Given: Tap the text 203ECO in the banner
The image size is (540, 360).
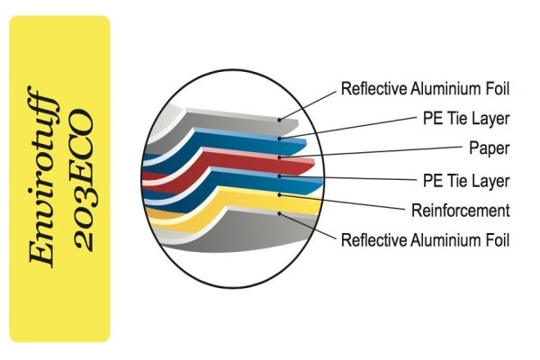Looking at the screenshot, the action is (85, 181).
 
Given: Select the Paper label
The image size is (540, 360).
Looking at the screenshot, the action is (490, 148).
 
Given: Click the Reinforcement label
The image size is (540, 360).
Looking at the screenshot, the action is (461, 211).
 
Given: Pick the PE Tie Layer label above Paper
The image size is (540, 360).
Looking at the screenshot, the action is (466, 119).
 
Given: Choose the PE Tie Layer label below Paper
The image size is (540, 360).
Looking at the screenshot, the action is (466, 181).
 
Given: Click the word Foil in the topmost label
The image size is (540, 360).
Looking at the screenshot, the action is (497, 88).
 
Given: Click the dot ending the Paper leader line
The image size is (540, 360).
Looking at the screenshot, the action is (280, 157).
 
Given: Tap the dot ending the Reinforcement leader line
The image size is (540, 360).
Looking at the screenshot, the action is (280, 195).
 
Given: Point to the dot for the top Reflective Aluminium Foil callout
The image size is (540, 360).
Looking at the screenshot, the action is (280, 120).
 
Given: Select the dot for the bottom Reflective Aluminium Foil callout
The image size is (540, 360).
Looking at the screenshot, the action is (280, 213).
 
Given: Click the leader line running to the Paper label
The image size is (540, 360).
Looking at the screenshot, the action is (371, 151).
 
